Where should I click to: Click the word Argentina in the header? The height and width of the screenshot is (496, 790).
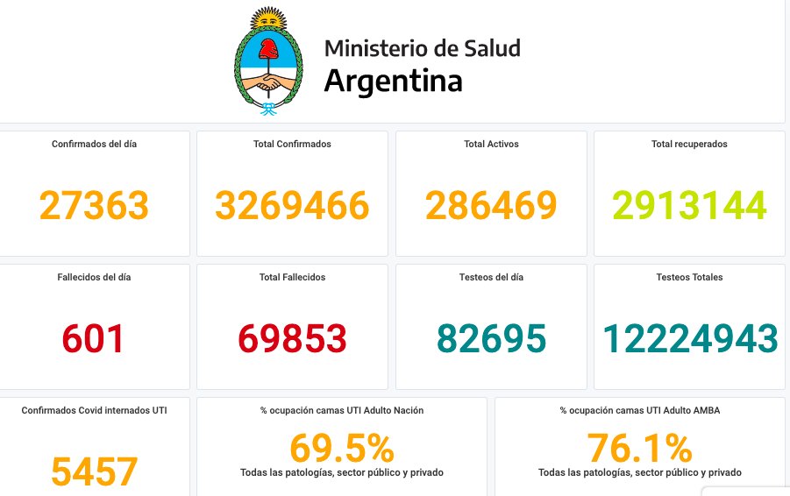click(393, 81)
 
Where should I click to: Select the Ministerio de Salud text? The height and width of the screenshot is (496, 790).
click(422, 47)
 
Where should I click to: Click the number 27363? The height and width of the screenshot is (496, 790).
click(94, 205)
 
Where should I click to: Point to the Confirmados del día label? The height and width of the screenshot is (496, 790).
click(94, 144)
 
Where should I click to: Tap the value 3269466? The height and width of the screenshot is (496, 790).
click(292, 205)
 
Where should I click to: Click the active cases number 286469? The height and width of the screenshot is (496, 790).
click(491, 205)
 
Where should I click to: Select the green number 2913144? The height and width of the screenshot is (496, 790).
click(689, 205)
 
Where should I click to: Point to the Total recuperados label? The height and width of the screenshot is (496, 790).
click(689, 144)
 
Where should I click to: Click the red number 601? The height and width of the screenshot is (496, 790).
click(94, 339)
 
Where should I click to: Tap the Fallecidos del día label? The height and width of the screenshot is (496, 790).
click(94, 277)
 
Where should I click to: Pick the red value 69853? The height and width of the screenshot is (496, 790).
click(292, 339)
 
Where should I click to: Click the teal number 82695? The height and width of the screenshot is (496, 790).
click(491, 339)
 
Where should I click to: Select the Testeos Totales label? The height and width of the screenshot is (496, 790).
click(689, 277)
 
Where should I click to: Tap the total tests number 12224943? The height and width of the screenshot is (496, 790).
click(690, 339)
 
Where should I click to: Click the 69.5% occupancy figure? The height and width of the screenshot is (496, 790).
click(341, 449)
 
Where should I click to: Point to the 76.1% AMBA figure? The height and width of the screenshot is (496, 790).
click(639, 449)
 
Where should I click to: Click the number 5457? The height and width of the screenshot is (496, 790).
click(94, 471)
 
